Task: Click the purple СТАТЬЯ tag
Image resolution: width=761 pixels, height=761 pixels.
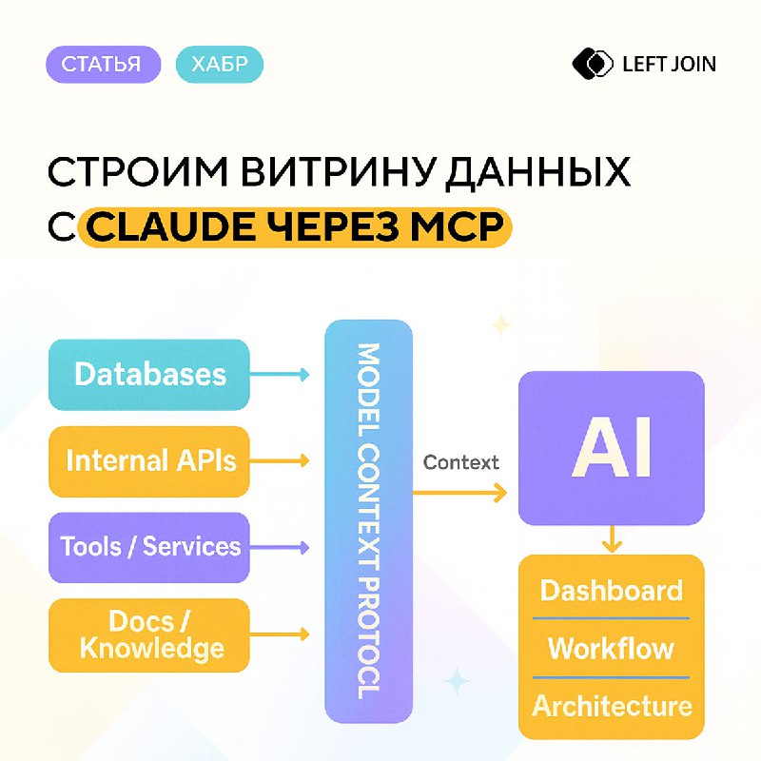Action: click(101, 65)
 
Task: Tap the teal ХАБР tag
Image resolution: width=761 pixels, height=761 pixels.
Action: click(220, 65)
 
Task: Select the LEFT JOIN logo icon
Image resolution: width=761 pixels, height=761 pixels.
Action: click(593, 64)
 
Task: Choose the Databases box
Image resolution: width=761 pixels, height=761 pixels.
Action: click(149, 374)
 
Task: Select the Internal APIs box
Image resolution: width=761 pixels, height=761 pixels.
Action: click(149, 461)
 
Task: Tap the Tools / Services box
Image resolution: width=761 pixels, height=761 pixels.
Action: click(149, 547)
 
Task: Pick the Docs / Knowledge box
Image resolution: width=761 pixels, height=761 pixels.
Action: click(149, 634)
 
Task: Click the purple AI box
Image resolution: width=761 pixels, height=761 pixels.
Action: click(612, 447)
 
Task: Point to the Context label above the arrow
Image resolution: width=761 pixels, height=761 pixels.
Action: click(461, 463)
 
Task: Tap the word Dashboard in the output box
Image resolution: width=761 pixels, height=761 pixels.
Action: click(612, 591)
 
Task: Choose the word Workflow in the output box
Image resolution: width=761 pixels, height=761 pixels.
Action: click(612, 649)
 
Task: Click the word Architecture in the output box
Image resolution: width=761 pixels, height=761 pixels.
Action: click(612, 707)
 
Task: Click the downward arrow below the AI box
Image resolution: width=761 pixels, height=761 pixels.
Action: click(612, 540)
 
